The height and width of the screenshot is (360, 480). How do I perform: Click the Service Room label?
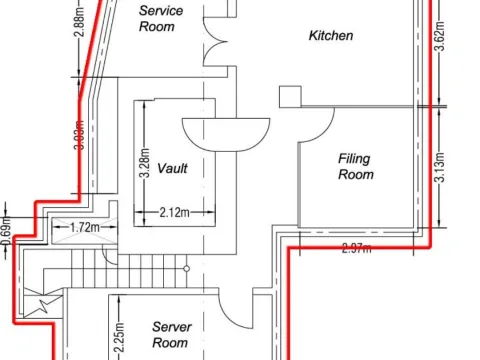(x=158, y=18)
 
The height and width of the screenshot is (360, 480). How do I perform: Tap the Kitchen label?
(x=330, y=36)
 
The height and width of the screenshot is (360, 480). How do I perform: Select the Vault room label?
(x=172, y=168)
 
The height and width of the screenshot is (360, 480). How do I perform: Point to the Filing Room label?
(x=356, y=166)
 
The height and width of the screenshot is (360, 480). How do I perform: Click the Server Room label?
(x=170, y=334)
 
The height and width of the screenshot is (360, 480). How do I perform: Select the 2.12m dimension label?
(x=175, y=212)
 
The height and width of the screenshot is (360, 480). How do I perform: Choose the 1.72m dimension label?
(x=85, y=228)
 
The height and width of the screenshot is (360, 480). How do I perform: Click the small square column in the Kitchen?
(x=290, y=96)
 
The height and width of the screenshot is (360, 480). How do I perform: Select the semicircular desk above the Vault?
(x=226, y=132)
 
